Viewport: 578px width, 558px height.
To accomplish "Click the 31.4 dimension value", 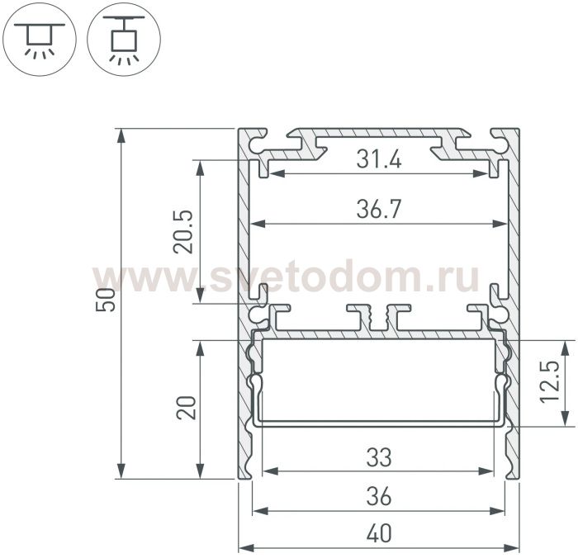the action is pos(379,159).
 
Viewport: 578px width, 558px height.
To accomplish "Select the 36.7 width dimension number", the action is pos(379,209).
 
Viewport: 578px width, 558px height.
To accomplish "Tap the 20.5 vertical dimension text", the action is pos(183,231).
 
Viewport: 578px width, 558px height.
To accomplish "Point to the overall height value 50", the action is pos(106,300).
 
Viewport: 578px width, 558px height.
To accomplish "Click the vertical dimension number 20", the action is pos(187,408).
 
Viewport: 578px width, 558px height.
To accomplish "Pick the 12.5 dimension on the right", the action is pos(550,382).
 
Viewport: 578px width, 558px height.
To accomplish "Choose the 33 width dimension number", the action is pos(379,457).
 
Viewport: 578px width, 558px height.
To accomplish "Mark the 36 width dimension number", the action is pos(379,496).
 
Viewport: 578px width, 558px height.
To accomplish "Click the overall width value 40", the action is pos(379,533).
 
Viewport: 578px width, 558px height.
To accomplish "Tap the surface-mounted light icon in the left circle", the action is pos(39,40).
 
